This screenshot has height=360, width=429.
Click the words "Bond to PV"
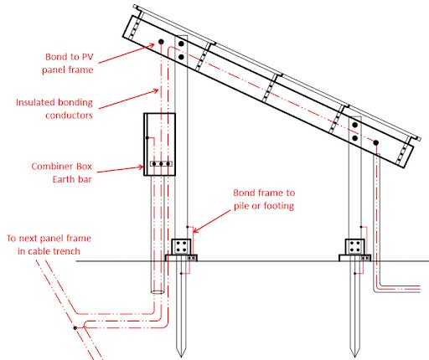70,57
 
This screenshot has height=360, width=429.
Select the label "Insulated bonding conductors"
54,109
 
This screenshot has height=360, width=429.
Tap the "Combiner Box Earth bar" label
61,172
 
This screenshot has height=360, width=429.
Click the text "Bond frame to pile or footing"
264,199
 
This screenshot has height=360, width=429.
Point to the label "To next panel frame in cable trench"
49,244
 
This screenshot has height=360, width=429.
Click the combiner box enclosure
159,144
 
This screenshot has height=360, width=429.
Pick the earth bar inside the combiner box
161,163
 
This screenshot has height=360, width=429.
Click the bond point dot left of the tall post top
161,42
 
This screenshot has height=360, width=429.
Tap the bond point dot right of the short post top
376,142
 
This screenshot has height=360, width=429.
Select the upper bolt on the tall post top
181,44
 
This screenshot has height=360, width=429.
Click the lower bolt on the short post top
355,138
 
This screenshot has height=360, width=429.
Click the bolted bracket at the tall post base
181,247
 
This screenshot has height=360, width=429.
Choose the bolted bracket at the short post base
355,247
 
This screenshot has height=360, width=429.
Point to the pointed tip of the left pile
181,357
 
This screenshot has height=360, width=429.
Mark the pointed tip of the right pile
354,357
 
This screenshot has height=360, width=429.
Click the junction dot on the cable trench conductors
75,328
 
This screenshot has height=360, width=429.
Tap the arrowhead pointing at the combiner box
142,167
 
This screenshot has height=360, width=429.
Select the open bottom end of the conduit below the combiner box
158,292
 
